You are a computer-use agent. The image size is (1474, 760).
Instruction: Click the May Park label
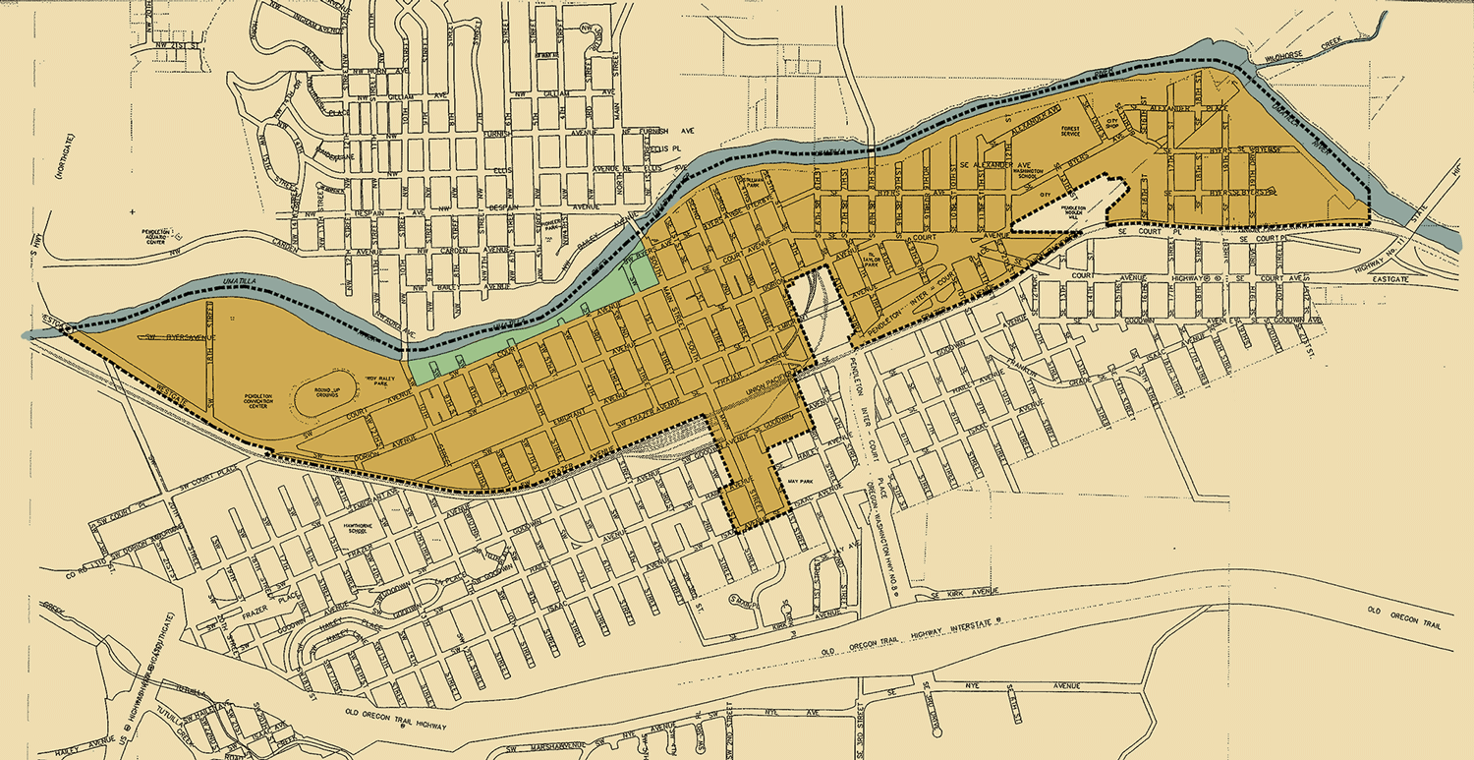[x=797, y=482]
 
